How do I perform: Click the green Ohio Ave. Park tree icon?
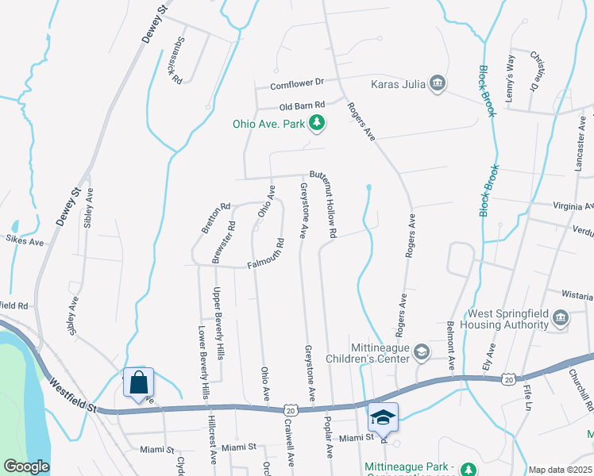tap(317, 123)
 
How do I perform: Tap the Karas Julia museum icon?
tap(438, 83)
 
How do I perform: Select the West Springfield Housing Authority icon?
tap(561, 319)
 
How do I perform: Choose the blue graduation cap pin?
tap(383, 416)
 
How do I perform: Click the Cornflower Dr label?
tap(298, 83)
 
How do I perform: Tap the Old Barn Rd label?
tap(303, 106)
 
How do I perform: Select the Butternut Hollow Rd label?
tap(324, 205)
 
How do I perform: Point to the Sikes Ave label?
tap(24, 239)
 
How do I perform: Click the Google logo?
tap(26, 466)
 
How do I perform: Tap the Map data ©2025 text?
tap(559, 470)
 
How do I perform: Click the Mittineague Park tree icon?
tap(469, 467)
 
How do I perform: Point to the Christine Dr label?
tap(538, 71)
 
